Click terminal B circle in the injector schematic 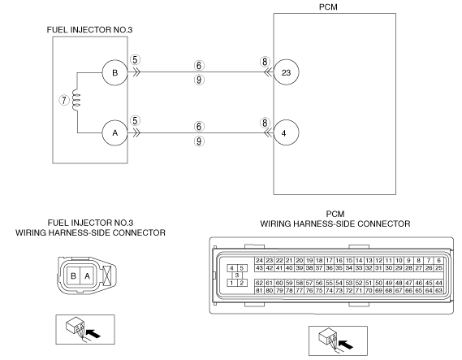(115, 72)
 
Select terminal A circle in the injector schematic (115, 133)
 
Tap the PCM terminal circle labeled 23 (286, 72)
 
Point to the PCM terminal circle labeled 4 (286, 132)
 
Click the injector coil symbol (76, 100)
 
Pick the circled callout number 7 (64, 100)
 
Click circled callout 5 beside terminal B (135, 60)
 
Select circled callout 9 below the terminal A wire (199, 141)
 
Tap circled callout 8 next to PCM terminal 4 (265, 123)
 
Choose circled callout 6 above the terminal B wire (199, 66)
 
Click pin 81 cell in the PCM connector (259, 290)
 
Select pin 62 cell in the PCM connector (259, 283)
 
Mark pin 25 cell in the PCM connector (438, 268)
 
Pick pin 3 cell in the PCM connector (237, 275)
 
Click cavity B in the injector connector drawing (73, 276)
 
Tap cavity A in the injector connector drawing (87, 276)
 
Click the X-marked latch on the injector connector (108, 275)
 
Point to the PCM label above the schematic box (328, 7)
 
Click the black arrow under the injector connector (94, 334)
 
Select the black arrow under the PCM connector (346, 345)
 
